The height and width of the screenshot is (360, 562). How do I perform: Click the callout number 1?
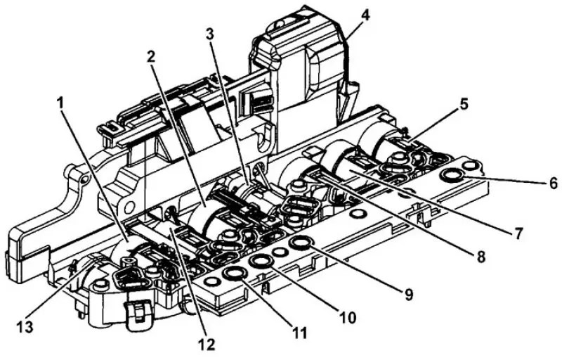(60, 103)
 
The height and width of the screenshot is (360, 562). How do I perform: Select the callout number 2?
(151, 56)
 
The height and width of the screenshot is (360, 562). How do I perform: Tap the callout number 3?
(210, 34)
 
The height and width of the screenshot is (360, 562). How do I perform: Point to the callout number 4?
(365, 15)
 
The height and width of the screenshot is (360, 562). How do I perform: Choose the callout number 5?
(464, 105)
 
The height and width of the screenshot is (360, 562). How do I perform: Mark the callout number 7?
(518, 233)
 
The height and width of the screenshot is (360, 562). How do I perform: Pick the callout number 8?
(481, 257)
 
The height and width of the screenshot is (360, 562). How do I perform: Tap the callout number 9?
(409, 294)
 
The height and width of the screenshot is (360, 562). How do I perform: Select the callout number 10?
(347, 317)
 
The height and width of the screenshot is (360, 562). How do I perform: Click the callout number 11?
(300, 333)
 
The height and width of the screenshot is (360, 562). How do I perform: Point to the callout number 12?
(207, 345)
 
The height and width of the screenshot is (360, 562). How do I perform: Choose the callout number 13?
(25, 327)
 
